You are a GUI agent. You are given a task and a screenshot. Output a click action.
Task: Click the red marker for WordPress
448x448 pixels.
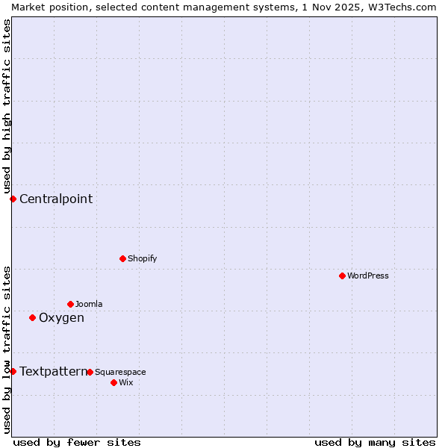tap(342, 276)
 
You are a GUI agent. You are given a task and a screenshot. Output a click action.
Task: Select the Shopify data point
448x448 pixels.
tap(122, 258)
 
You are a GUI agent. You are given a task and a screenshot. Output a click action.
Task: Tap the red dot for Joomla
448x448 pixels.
tap(70, 304)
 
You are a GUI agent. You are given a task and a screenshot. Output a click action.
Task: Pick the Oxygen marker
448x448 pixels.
tap(32, 317)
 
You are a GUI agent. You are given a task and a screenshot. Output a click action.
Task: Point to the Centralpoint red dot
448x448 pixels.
tap(13, 199)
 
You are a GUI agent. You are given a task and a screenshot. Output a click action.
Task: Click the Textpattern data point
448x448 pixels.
tap(13, 371)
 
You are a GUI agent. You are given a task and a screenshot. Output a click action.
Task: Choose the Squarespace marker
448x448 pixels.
tap(90, 372)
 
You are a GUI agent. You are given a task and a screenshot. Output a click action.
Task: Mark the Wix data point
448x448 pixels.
tap(113, 382)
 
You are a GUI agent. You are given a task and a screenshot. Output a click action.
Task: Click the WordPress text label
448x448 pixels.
tap(368, 276)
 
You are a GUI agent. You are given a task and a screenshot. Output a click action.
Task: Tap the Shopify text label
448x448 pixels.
tap(143, 258)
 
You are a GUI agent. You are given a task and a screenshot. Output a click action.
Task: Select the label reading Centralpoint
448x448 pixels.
tap(56, 199)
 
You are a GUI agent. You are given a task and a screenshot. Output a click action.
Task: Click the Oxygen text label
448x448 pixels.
tap(61, 318)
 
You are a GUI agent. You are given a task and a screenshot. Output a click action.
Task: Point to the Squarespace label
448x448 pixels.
tap(120, 372)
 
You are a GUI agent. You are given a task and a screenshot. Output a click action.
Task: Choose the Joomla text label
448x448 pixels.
tap(89, 304)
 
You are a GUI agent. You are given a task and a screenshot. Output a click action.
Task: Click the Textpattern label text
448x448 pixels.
tap(53, 371)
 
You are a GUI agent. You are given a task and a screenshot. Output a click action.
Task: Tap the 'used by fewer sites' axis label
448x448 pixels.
tap(77, 442)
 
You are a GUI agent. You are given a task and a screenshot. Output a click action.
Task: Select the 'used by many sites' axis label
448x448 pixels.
tap(375, 442)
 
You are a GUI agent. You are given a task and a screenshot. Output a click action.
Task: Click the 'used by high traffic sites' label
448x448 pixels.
tap(7, 106)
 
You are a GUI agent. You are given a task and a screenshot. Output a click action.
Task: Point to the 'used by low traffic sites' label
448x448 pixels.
tap(7, 349)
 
